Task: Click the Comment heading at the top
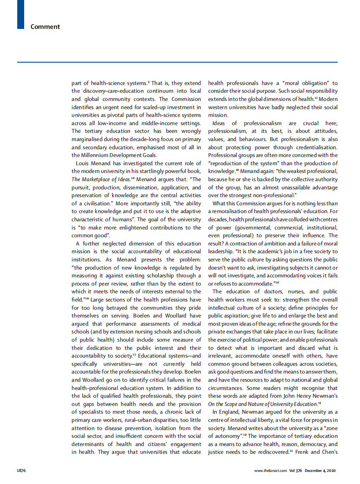45,27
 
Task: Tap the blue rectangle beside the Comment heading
20,15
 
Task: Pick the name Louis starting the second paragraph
83,163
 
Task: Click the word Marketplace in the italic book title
97,179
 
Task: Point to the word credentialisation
313,147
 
